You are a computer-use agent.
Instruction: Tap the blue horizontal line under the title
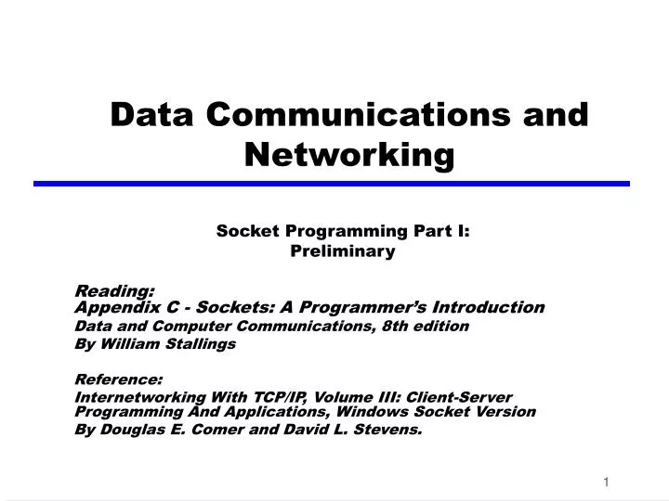pos(332,184)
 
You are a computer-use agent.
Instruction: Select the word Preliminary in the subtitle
pos(343,250)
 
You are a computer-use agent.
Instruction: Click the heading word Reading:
pos(114,291)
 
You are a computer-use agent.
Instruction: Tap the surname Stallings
pos(202,343)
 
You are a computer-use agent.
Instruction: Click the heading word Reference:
pos(119,379)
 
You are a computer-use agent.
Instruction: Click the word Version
pos(506,411)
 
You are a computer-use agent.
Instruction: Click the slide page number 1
pos(606,482)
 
